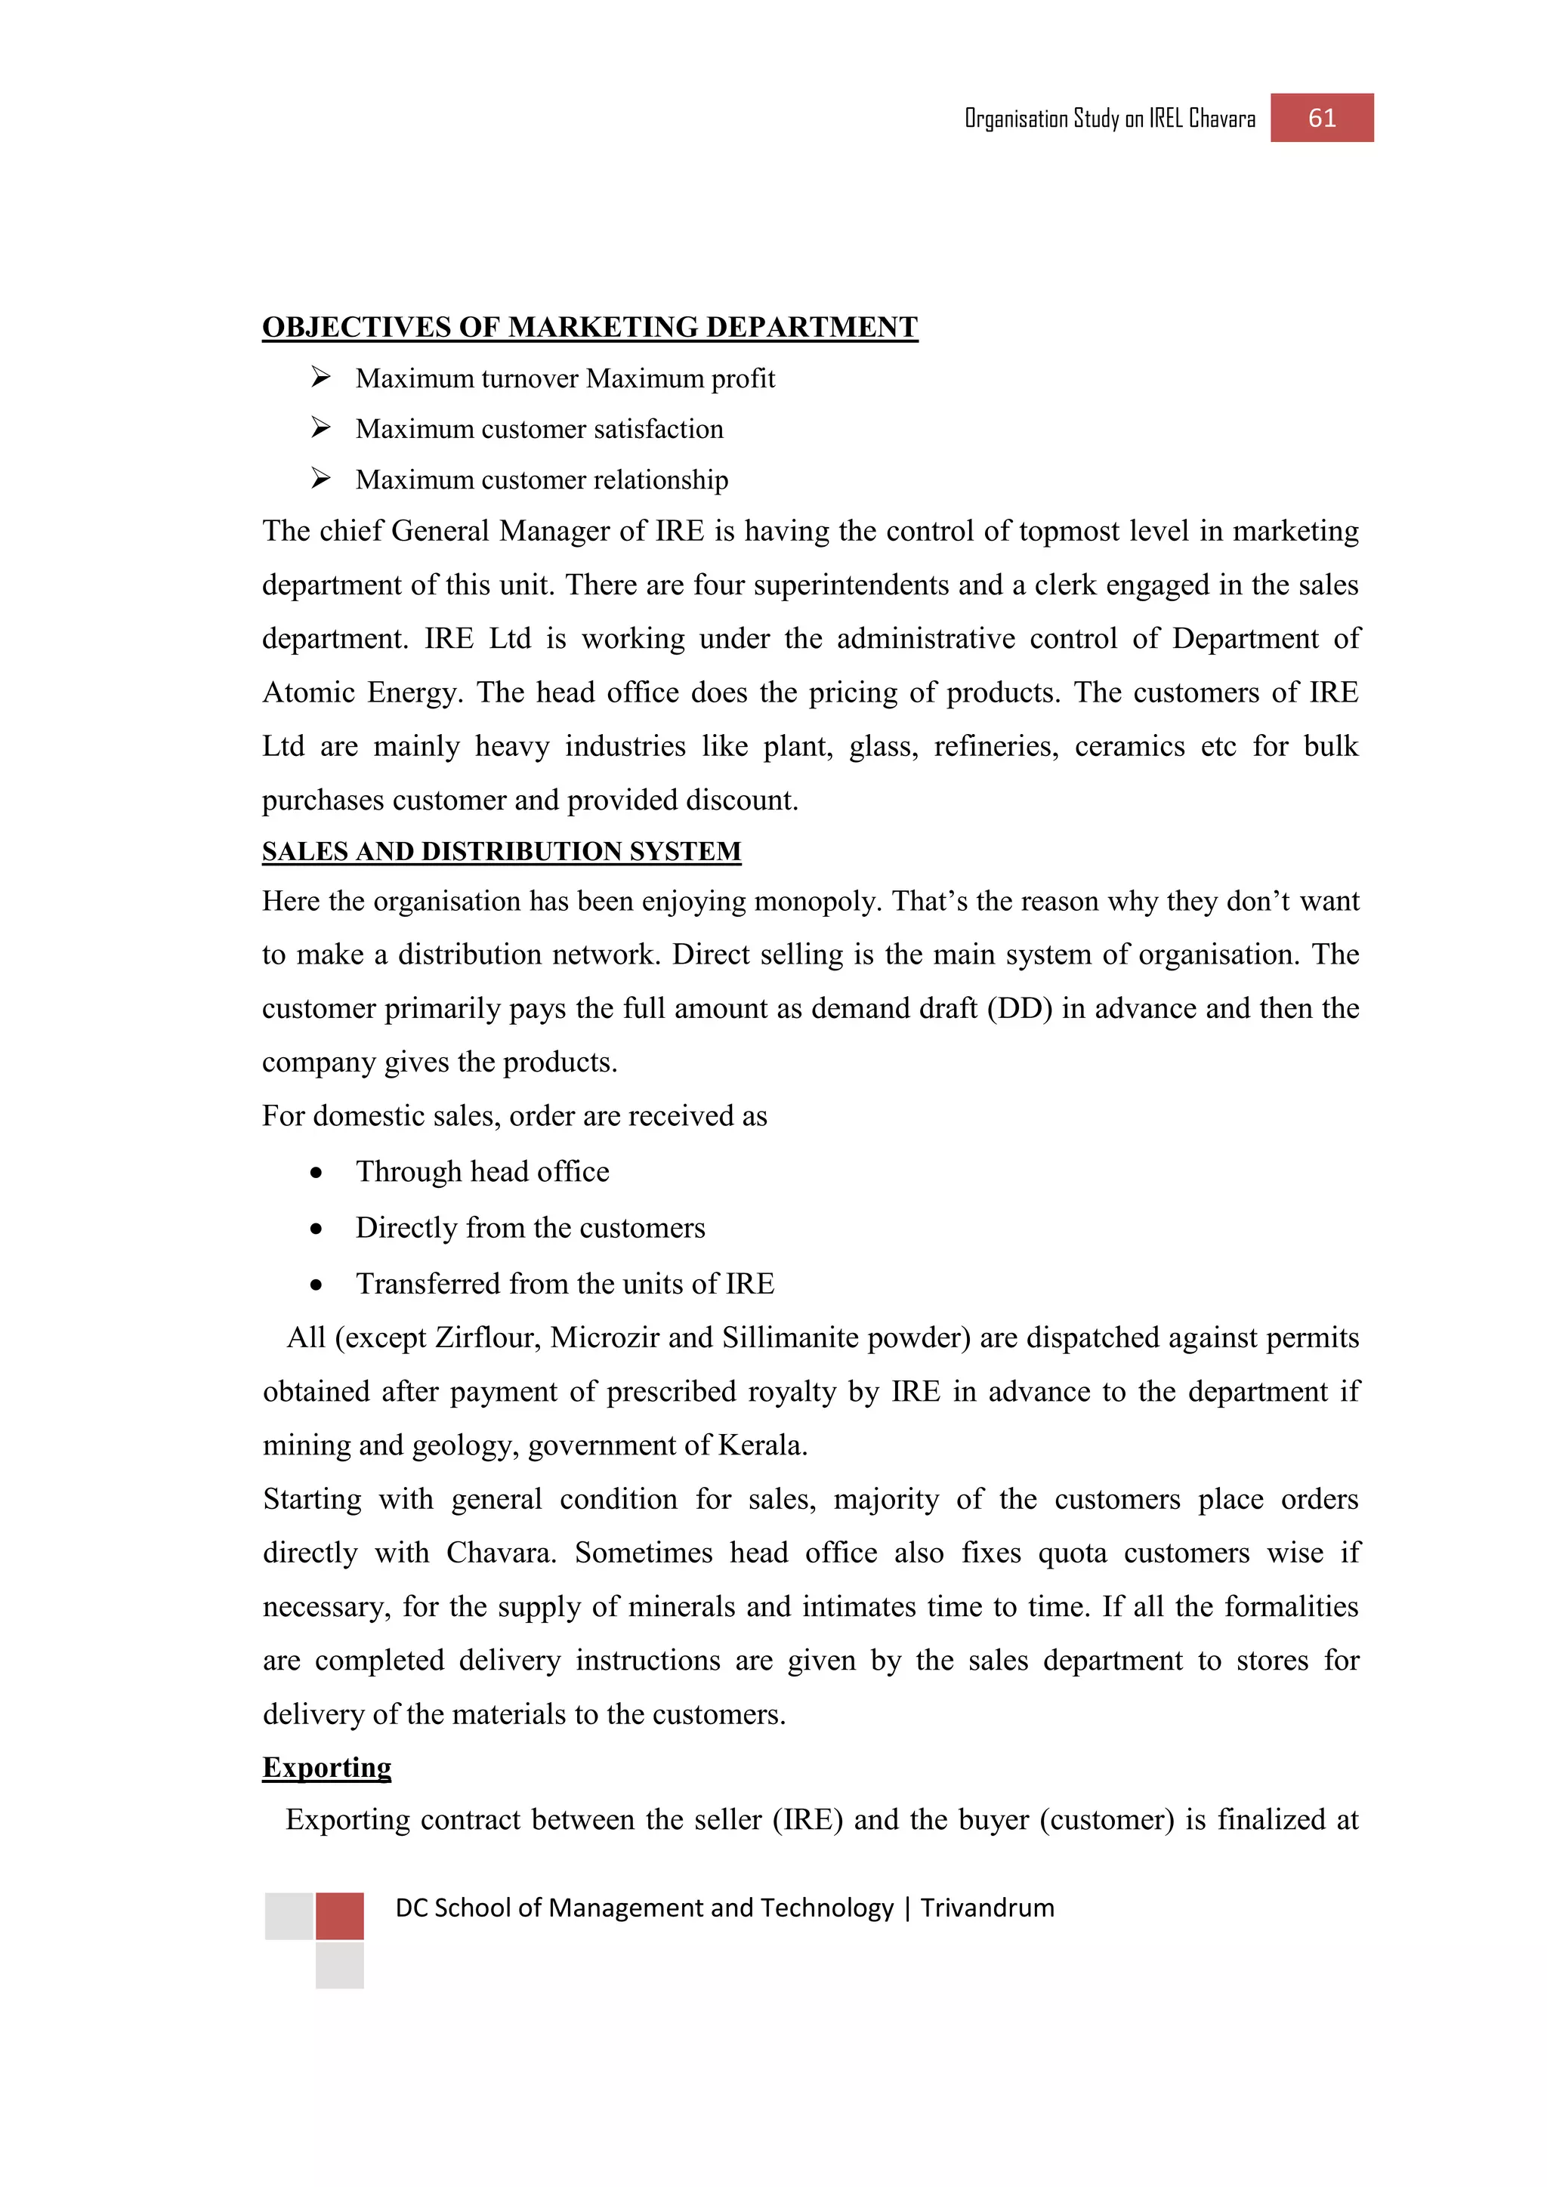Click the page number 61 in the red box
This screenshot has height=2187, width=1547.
tap(1321, 118)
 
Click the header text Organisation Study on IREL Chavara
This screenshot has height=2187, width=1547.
tap(1109, 119)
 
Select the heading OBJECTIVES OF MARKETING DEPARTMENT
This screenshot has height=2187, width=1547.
tap(590, 327)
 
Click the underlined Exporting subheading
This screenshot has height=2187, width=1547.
tap(327, 1767)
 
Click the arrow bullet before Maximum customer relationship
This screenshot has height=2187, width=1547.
tap(320, 479)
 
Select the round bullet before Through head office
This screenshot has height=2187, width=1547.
tap(317, 1174)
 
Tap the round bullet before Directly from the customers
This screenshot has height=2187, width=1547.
tap(317, 1229)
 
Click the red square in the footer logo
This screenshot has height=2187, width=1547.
tap(339, 1917)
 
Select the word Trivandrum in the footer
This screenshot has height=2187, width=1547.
tap(987, 1908)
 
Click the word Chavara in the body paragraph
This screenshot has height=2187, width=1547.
tap(501, 1553)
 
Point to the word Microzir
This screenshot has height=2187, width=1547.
tap(605, 1338)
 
